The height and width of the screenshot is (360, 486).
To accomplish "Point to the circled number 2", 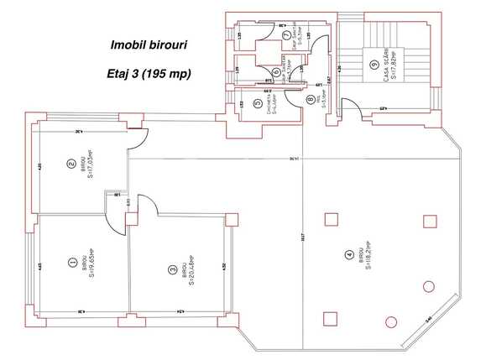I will pos(71,164).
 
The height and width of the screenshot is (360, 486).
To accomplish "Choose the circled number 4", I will pos(348,255).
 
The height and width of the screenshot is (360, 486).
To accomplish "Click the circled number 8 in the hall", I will pos(311,100).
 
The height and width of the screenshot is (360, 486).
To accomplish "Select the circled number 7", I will pos(286,35).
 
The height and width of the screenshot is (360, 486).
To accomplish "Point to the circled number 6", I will pos(275,71).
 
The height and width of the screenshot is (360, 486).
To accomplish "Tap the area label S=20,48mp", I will pos(191,270).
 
